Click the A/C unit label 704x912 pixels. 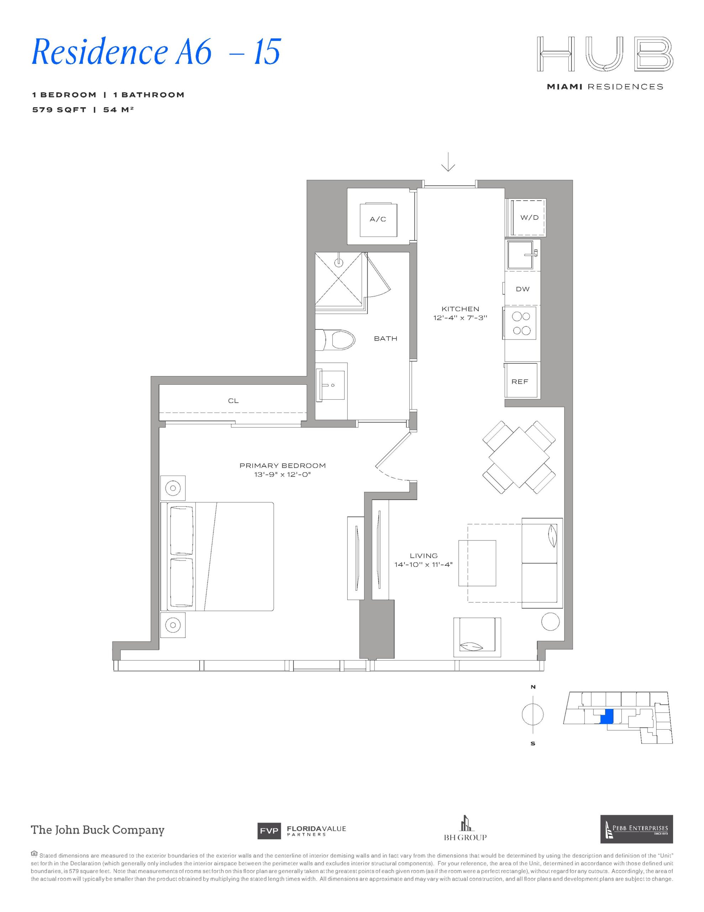[378, 219]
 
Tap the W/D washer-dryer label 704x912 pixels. [529, 218]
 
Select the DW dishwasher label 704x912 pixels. [522, 289]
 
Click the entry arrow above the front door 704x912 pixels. [448, 162]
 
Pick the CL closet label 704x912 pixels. [233, 401]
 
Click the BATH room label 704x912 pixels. [385, 339]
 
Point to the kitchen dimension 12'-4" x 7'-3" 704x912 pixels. [460, 318]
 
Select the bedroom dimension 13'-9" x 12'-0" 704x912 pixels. [283, 475]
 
